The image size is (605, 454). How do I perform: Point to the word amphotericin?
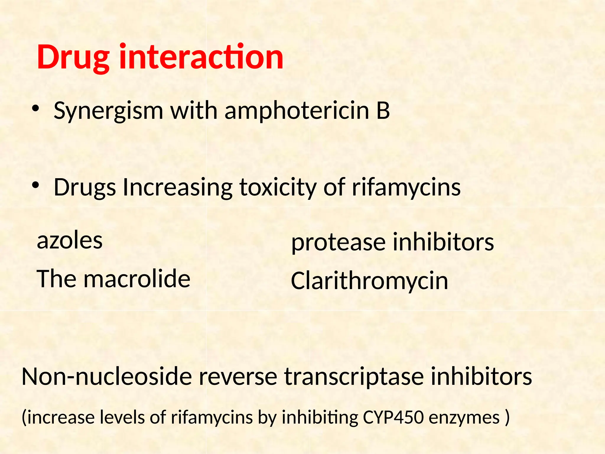pyautogui.click(x=297, y=111)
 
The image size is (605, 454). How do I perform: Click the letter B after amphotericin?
pyautogui.click(x=383, y=111)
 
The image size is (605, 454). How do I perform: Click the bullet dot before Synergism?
pyautogui.click(x=35, y=109)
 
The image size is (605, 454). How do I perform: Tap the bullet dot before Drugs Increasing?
pyautogui.click(x=35, y=186)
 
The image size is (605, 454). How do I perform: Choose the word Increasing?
pyautogui.click(x=177, y=188)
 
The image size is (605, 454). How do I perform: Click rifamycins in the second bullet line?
pyautogui.click(x=406, y=188)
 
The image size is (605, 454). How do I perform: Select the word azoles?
pyautogui.click(x=70, y=241)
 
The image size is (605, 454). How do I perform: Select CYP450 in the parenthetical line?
pyautogui.click(x=393, y=418)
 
